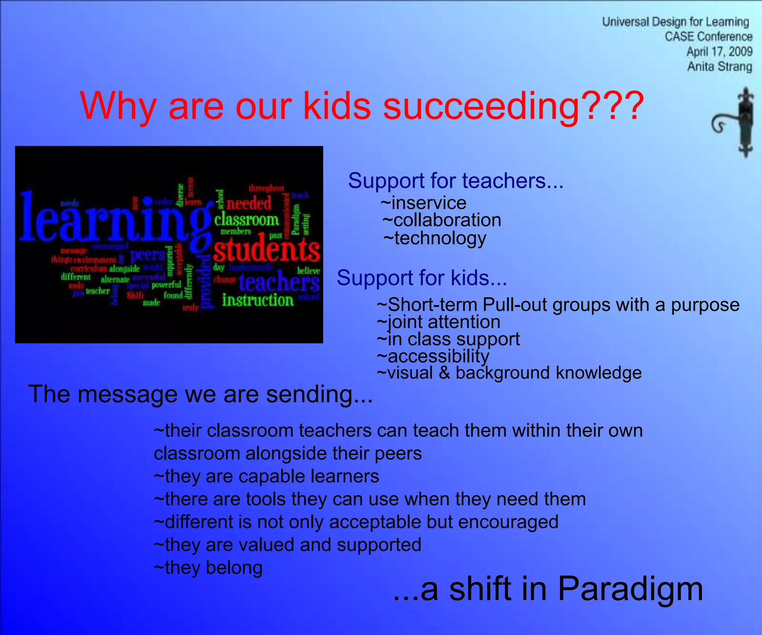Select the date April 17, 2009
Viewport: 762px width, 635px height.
click(719, 52)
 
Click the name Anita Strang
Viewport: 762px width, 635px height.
click(719, 67)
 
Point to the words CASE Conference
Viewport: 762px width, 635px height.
click(708, 37)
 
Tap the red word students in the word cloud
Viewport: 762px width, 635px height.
click(266, 251)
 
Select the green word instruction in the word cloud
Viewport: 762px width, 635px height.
click(258, 300)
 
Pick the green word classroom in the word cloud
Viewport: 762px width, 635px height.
click(246, 220)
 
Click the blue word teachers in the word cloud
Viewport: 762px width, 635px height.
click(279, 283)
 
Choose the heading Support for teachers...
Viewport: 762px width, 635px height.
click(455, 181)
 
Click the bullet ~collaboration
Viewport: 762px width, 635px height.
click(442, 220)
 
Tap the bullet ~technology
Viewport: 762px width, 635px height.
click(435, 238)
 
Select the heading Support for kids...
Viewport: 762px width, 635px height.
click(422, 278)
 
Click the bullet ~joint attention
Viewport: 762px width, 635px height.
click(438, 322)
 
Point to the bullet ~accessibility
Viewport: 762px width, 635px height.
click(433, 356)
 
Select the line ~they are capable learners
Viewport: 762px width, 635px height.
click(266, 477)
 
